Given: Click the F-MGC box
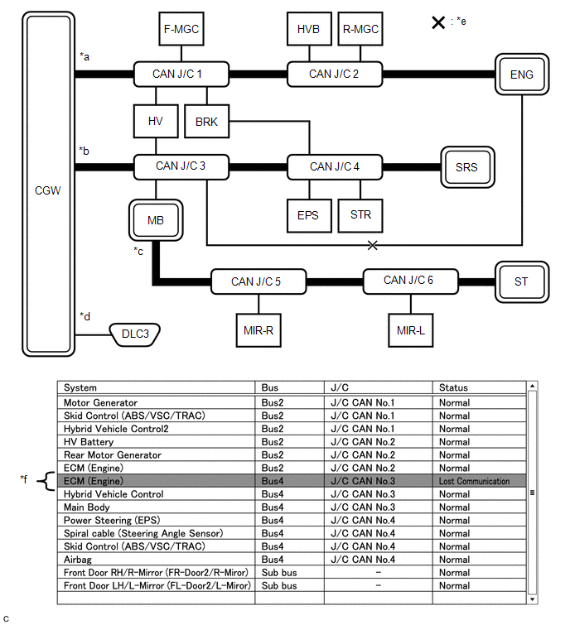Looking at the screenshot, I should pyautogui.click(x=181, y=29).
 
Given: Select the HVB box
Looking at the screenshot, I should pyautogui.click(x=308, y=29).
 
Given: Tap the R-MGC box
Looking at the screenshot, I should pyautogui.click(x=360, y=29).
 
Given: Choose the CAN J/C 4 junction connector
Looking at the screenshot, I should pyautogui.click(x=335, y=166).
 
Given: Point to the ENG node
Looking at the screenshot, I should pyautogui.click(x=522, y=75).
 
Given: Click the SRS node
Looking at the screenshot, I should pyautogui.click(x=466, y=167).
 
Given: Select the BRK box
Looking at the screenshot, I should pyautogui.click(x=207, y=122).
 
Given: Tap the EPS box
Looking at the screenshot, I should pyautogui.click(x=308, y=215).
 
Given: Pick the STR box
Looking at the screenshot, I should pyautogui.click(x=360, y=215).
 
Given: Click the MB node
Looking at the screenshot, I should pyautogui.click(x=156, y=221).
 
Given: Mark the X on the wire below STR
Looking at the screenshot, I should pyautogui.click(x=373, y=245).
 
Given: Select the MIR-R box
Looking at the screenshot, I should pyautogui.click(x=258, y=329).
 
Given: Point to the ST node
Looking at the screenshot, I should pyautogui.click(x=521, y=281).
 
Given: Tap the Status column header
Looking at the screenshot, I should pyautogui.click(x=454, y=387).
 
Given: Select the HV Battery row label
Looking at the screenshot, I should pyautogui.click(x=88, y=442).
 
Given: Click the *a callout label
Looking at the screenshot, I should pyautogui.click(x=84, y=56).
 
